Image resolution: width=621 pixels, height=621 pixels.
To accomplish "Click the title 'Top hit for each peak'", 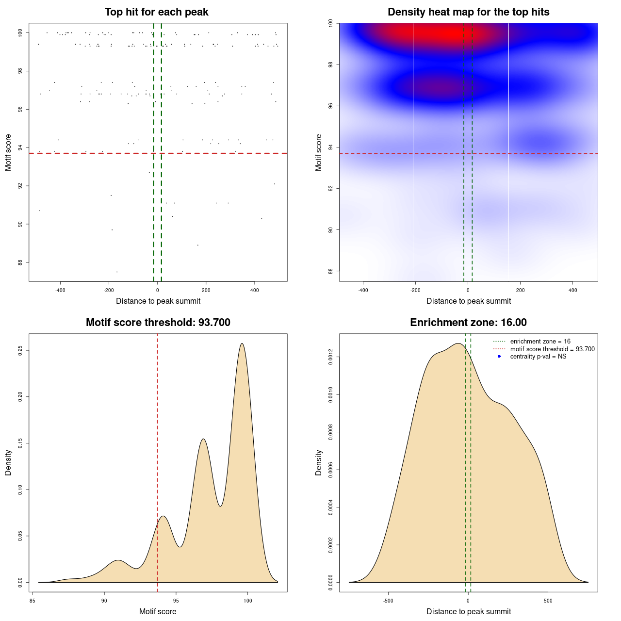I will coord(156,12).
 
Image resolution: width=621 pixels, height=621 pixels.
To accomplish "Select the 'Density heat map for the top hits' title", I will coord(468,12).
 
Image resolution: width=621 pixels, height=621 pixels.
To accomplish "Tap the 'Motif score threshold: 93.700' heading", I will coord(158,323).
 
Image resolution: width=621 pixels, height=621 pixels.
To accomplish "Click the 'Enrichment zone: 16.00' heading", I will coord(468,323).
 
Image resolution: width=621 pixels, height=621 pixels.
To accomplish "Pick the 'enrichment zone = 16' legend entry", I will coord(540,342).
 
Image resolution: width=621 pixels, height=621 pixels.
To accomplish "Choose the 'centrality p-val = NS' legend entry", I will coord(538,357).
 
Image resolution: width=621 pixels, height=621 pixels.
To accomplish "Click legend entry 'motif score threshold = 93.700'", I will coord(552,349).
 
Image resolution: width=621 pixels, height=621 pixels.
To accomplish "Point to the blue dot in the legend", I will coord(499,357).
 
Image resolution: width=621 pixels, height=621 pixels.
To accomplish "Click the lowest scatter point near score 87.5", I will coord(117,272).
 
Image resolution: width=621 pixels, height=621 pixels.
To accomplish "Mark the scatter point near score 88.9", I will coord(198,245).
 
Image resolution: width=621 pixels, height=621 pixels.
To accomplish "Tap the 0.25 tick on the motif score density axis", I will coord(20,350).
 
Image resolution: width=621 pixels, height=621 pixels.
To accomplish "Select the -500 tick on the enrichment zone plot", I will coord(388,601).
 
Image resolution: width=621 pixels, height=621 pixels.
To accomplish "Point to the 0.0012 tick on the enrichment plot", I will coord(330,357).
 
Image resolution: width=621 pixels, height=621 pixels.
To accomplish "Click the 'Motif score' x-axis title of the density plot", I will coord(158,612).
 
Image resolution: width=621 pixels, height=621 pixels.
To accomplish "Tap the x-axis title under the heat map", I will coord(468,301).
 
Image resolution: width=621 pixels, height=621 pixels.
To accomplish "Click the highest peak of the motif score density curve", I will coord(242,343).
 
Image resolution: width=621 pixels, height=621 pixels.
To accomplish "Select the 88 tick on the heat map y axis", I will coord(330,271).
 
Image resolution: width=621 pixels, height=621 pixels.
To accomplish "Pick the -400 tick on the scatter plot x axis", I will coord(60,291).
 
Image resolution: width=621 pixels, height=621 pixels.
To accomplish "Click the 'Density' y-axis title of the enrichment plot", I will coord(319,462).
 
